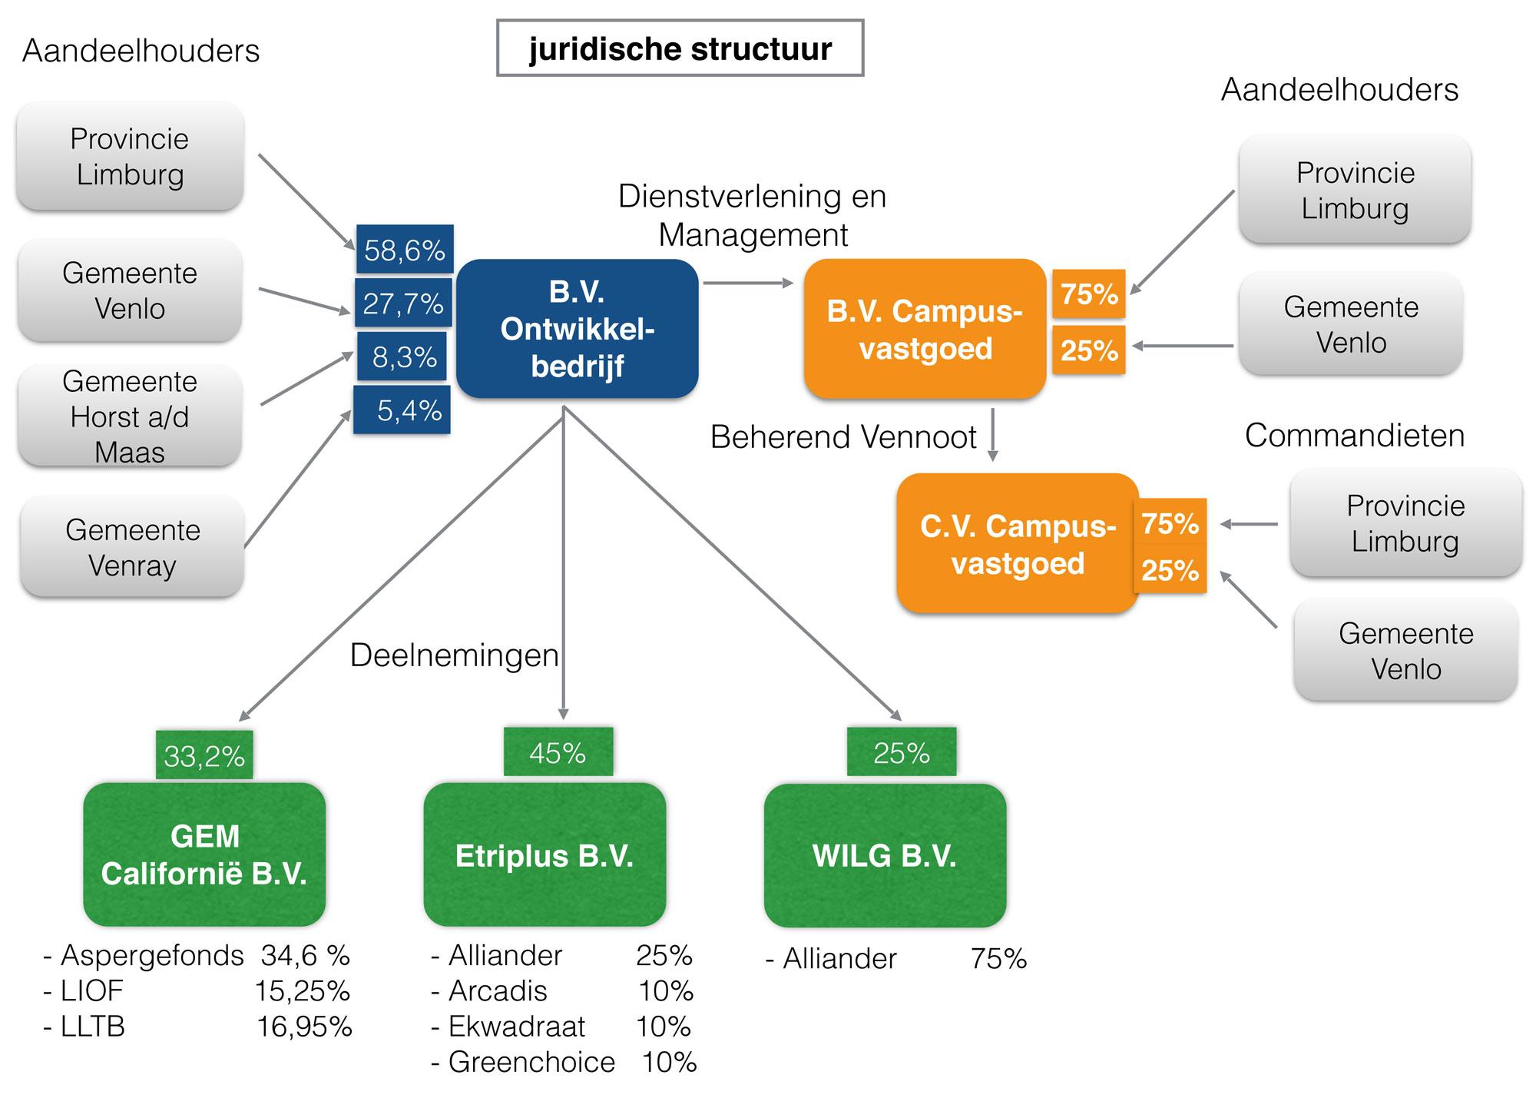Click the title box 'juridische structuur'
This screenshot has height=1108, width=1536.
point(680,48)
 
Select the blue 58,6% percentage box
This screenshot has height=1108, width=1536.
point(405,250)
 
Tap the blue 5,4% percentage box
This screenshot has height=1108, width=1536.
point(402,411)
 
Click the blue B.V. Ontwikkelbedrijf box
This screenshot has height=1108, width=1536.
point(577,329)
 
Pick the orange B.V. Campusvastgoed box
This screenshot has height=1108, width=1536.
point(925,330)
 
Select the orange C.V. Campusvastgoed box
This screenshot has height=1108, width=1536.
point(1017,544)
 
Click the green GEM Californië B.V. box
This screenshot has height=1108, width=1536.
point(204,854)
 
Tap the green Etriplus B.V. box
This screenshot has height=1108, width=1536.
point(545,855)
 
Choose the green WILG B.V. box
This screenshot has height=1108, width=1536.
point(885,855)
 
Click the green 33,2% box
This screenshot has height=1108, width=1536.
point(204,756)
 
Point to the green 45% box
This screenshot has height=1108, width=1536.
point(558,752)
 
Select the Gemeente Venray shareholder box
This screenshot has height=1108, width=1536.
point(132,547)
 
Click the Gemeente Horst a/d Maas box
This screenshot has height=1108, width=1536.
point(130,416)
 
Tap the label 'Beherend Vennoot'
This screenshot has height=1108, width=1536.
point(843,436)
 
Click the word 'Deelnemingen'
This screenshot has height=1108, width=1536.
point(455,655)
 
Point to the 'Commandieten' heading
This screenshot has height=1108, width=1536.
point(1354,435)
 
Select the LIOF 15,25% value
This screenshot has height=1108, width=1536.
point(303,991)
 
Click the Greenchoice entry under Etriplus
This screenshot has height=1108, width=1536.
point(531,1062)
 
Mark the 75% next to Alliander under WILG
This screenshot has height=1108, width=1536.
point(998,958)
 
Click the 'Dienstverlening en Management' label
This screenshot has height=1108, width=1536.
point(753,215)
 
